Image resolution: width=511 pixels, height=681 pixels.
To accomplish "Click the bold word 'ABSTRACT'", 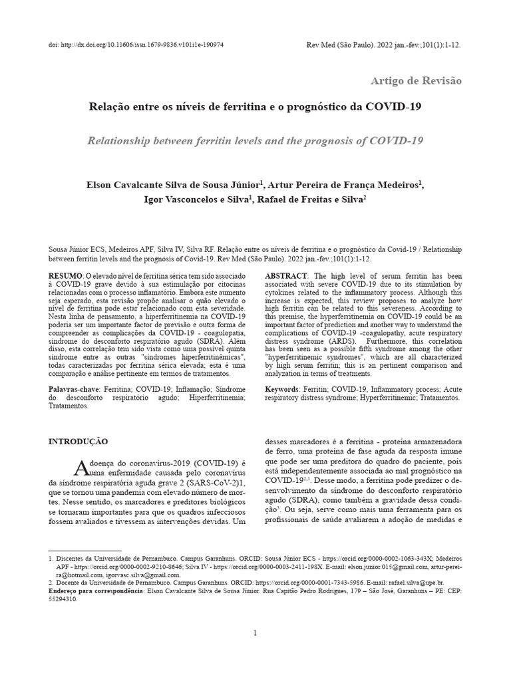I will pos(286,275).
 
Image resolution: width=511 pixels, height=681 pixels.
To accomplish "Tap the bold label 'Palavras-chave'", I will pos(75,388).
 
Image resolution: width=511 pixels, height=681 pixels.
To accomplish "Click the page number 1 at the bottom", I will pos(255,632).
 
